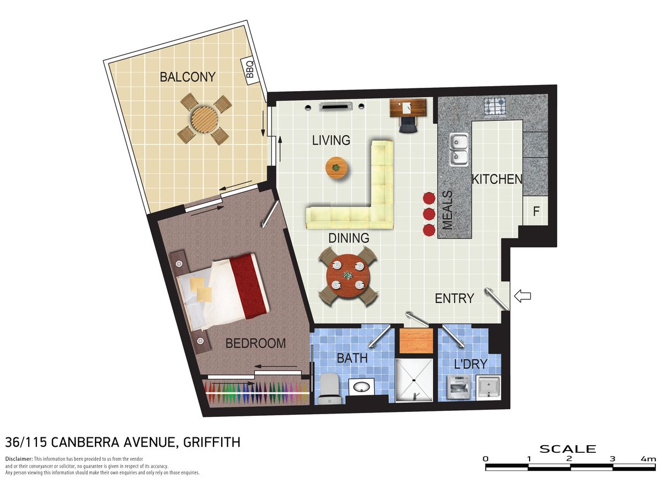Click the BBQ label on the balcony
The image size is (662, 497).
249,71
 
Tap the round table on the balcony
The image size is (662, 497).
204,119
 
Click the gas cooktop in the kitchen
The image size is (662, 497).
495,106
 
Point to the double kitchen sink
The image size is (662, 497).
458,149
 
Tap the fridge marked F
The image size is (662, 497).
536,212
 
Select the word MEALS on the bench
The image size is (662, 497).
447,210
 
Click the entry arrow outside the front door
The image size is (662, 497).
522,297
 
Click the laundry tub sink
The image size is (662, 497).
488,387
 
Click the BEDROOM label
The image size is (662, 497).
255,343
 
